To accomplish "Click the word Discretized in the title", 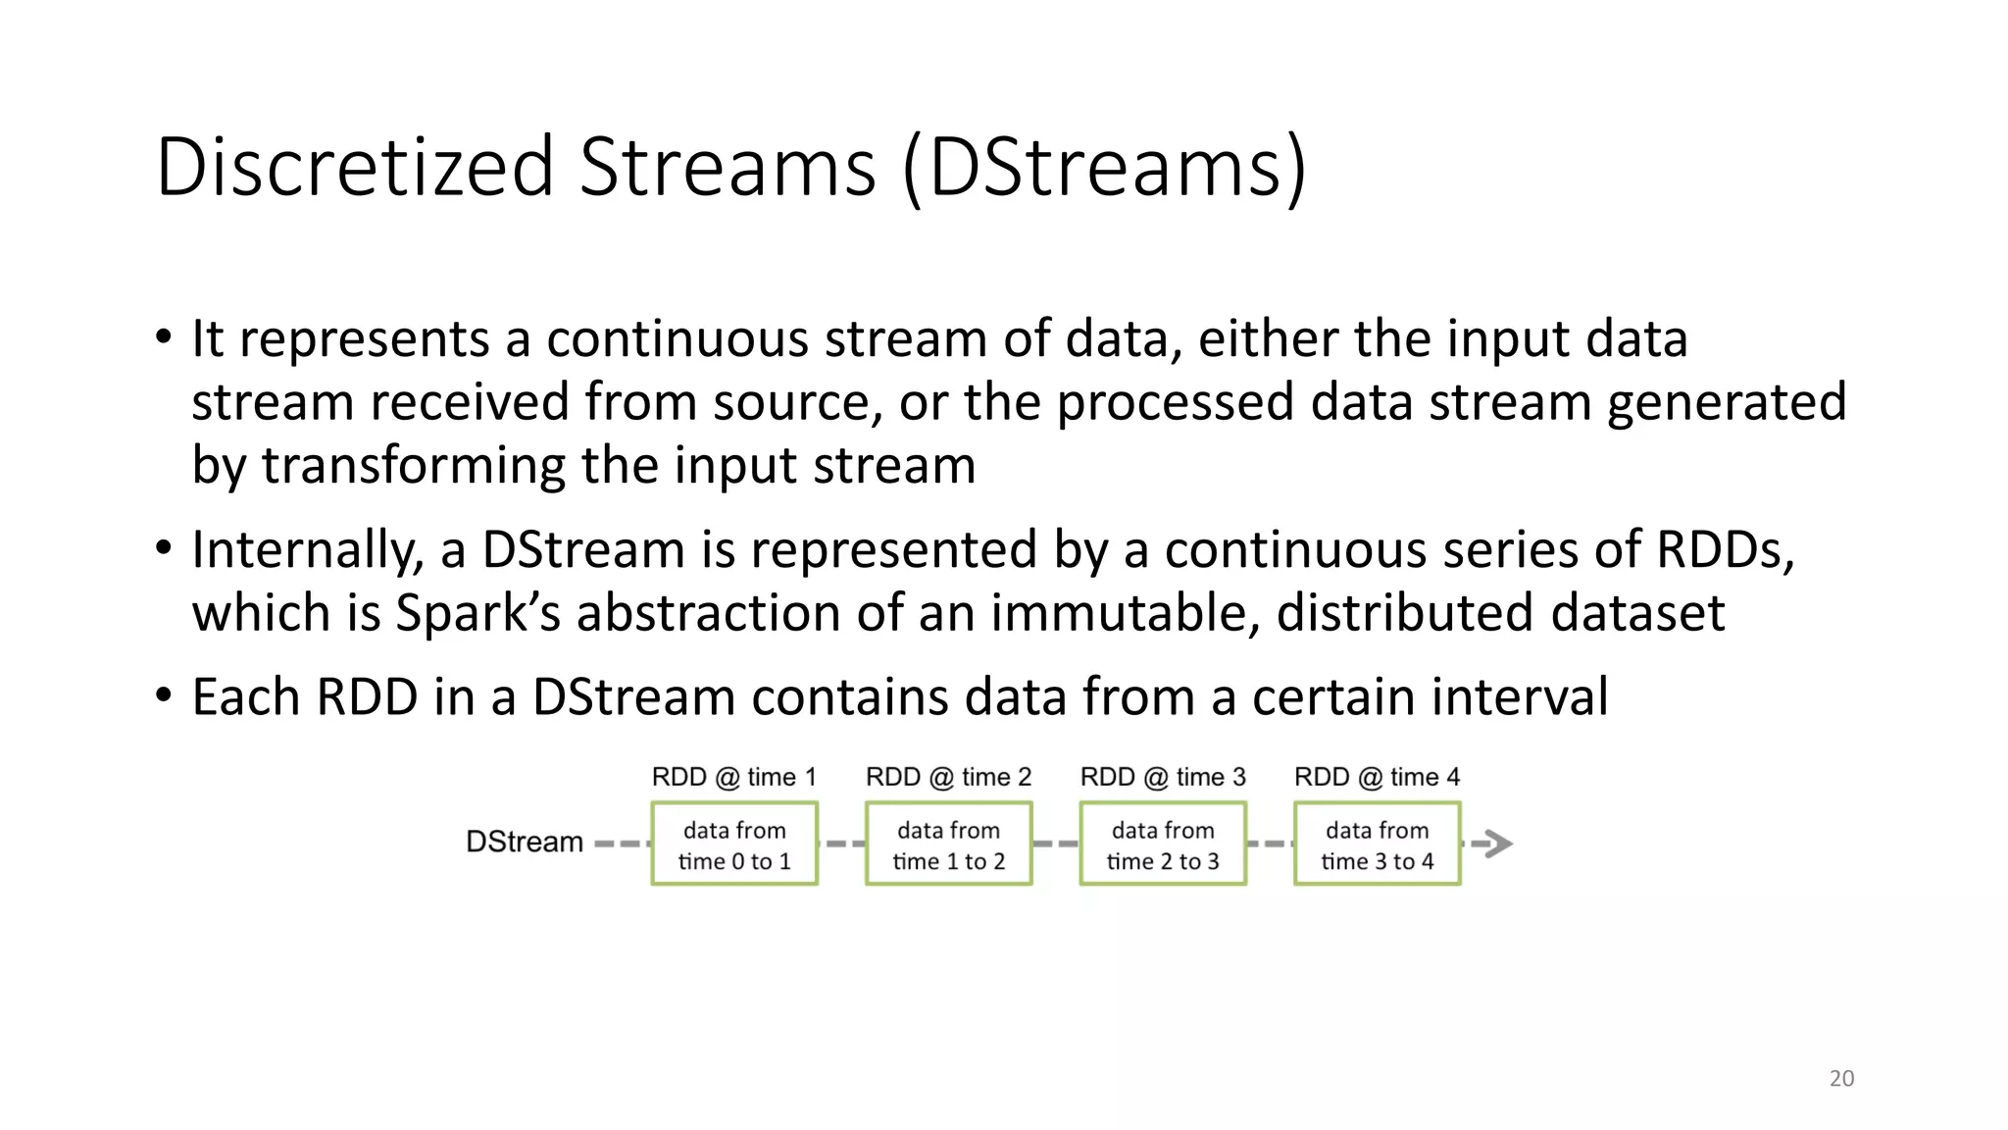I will (x=355, y=167).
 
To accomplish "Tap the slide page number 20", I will (x=1841, y=1078).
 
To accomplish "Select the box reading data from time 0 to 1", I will (x=734, y=845).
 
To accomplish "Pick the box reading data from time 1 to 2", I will (x=948, y=845).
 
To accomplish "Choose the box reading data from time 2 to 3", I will (x=1163, y=845).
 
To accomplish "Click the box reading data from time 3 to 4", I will (x=1377, y=845).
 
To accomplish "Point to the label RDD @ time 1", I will (x=733, y=777).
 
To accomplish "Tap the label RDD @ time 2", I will (x=948, y=777).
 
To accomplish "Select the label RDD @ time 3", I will (x=1163, y=777).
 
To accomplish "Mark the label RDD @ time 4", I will (x=1377, y=777).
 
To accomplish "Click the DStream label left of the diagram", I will (x=524, y=842).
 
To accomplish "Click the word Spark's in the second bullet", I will (x=477, y=613).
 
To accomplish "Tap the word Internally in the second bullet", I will (x=307, y=549).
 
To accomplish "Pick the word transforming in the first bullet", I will (x=413, y=465).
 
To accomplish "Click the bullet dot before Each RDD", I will (x=164, y=695).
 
